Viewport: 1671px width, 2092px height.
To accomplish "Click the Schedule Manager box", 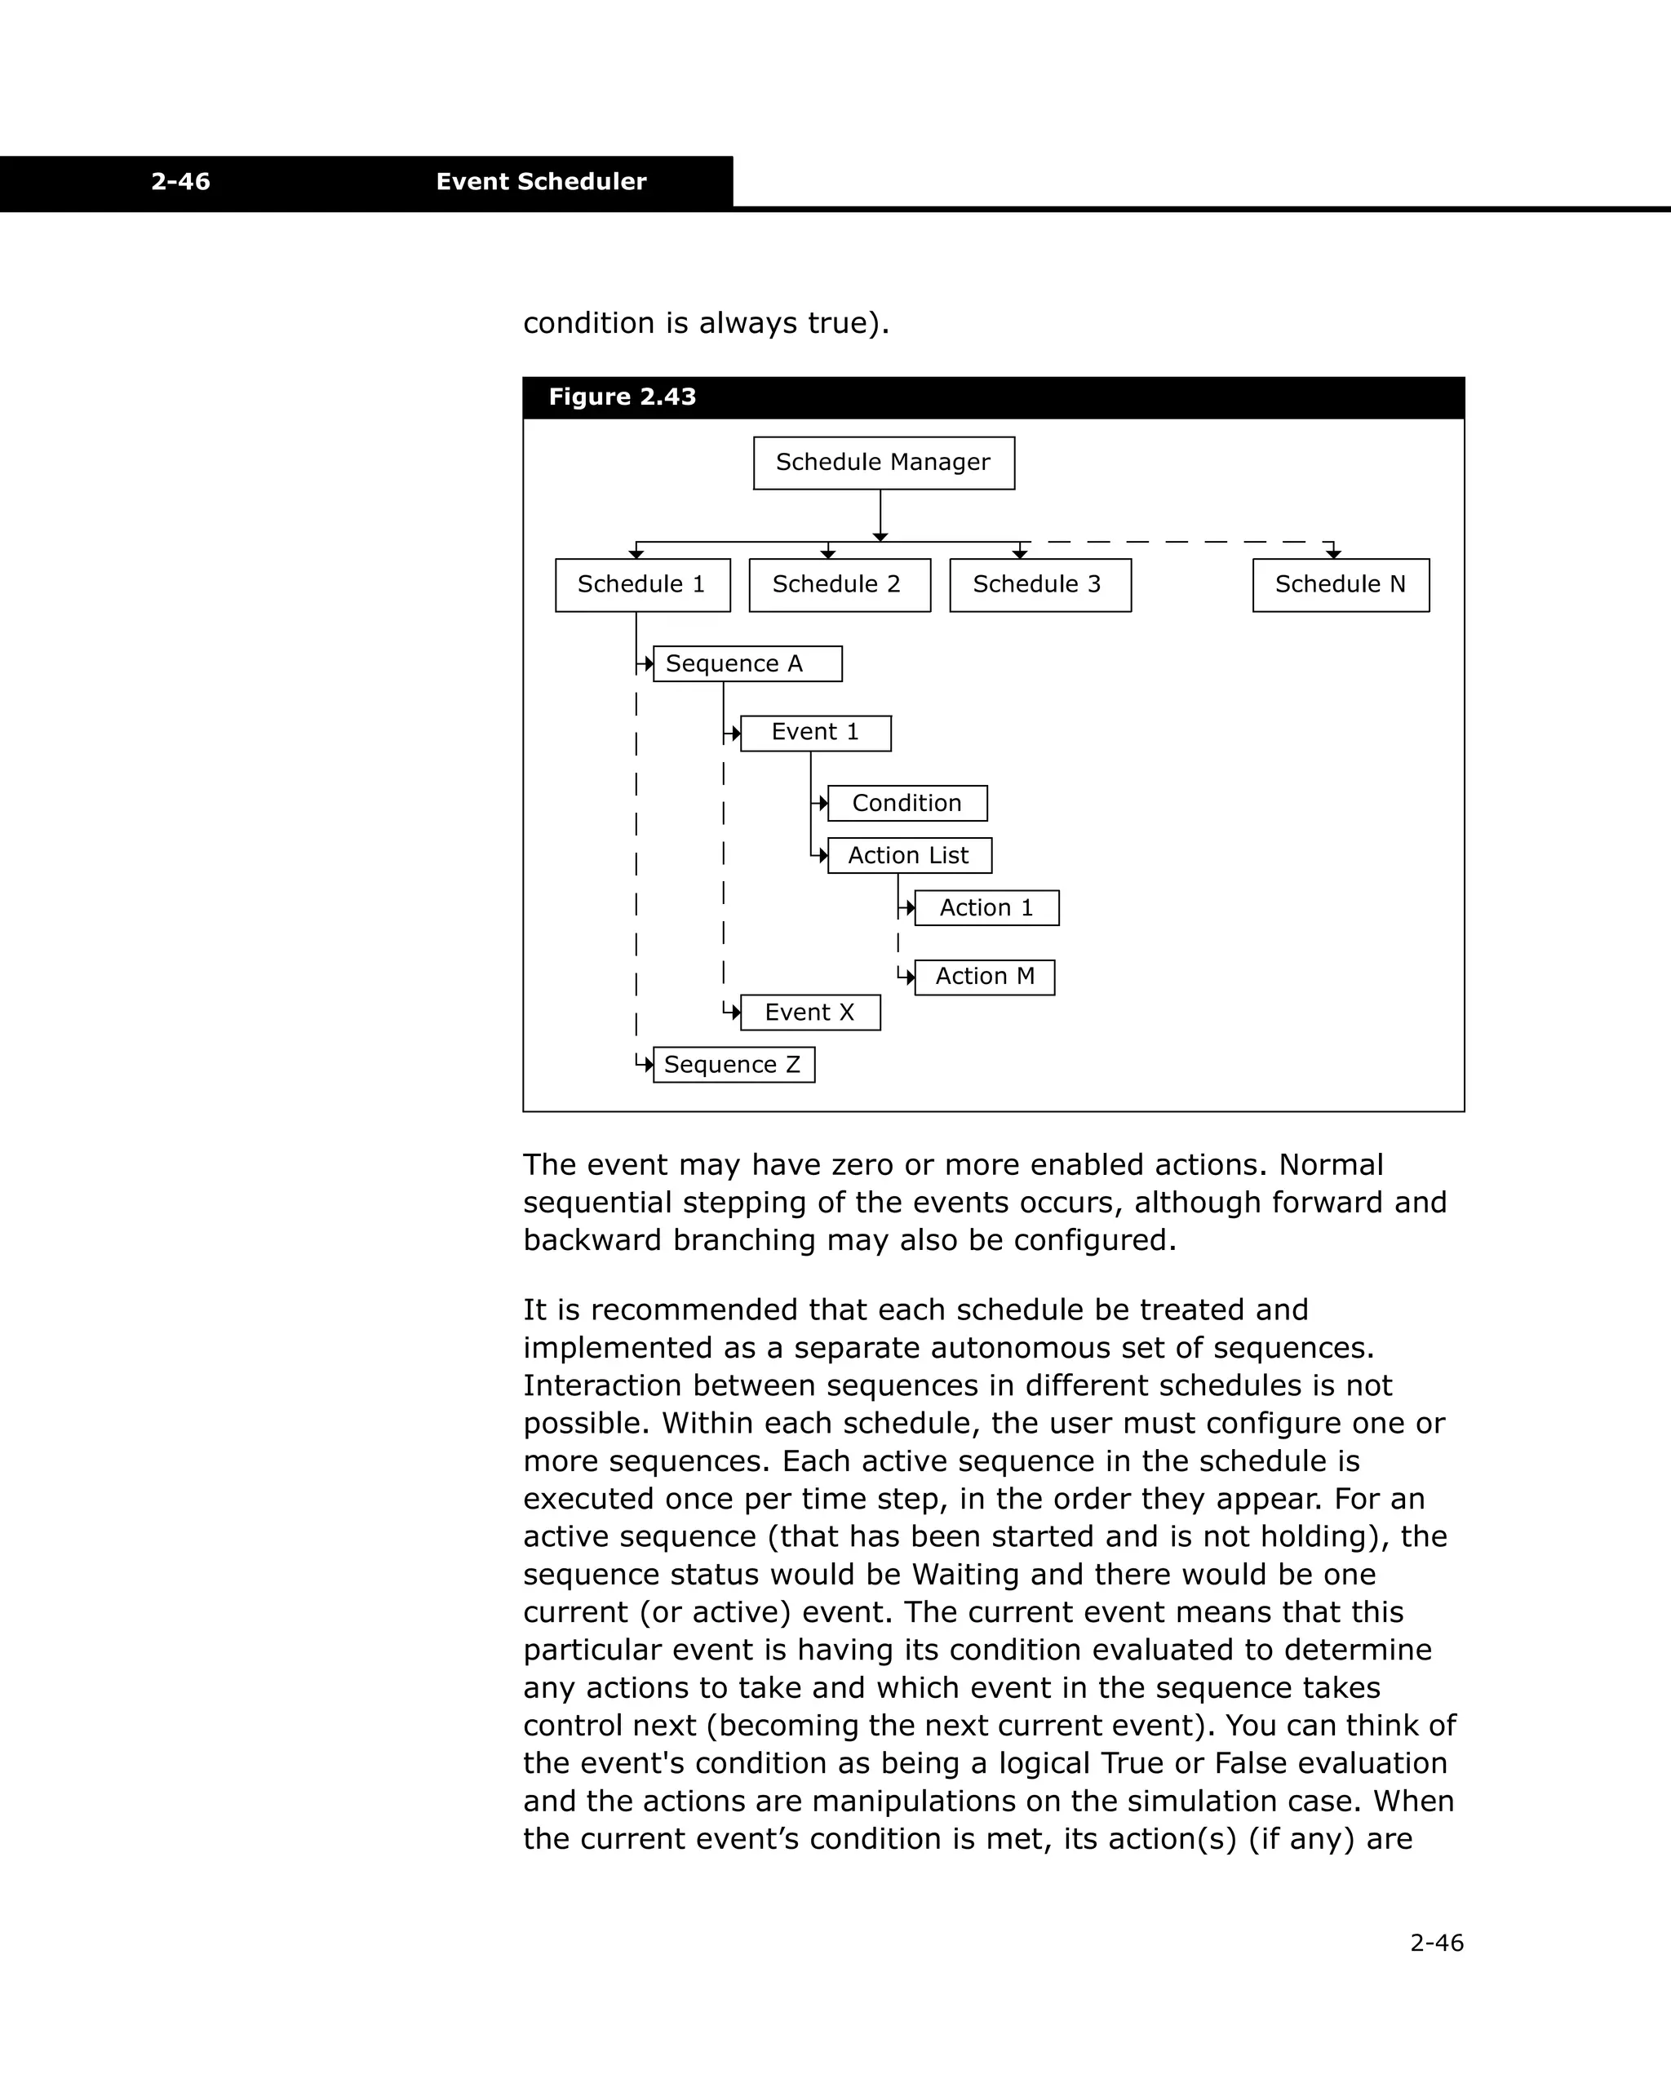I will pyautogui.click(x=883, y=463).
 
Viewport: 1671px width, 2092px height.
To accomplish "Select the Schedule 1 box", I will pyautogui.click(x=641, y=585).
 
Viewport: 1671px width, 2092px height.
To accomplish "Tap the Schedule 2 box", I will pyautogui.click(x=839, y=585).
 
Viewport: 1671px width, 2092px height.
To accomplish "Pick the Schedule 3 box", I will pyautogui.click(x=1039, y=585).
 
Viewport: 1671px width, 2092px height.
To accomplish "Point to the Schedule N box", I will pyautogui.click(x=1340, y=585).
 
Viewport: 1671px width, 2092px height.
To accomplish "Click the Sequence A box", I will pyautogui.click(x=747, y=663).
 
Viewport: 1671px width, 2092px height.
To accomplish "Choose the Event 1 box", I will pyautogui.click(x=815, y=733).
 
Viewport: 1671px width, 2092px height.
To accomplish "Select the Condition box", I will pyautogui.click(x=906, y=804).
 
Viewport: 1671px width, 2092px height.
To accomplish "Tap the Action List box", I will pyautogui.click(x=908, y=856).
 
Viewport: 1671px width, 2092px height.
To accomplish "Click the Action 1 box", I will pyautogui.click(x=986, y=908).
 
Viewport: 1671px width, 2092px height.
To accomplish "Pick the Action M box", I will pyautogui.click(x=984, y=977).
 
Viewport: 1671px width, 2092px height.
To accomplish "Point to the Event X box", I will pyautogui.click(x=809, y=1013).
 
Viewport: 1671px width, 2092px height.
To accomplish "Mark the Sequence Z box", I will pyautogui.click(x=733, y=1066).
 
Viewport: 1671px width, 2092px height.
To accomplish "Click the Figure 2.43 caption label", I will pyautogui.click(x=622, y=397).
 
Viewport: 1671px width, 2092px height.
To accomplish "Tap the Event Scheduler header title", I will pyautogui.click(x=540, y=181).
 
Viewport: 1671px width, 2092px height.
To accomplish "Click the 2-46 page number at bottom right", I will pyautogui.click(x=1436, y=1943).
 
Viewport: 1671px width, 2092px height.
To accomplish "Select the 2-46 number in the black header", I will pyautogui.click(x=180, y=181).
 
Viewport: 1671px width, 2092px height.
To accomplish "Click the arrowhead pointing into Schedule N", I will pyautogui.click(x=1333, y=554).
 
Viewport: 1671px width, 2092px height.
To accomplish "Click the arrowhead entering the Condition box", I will pyautogui.click(x=823, y=804).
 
